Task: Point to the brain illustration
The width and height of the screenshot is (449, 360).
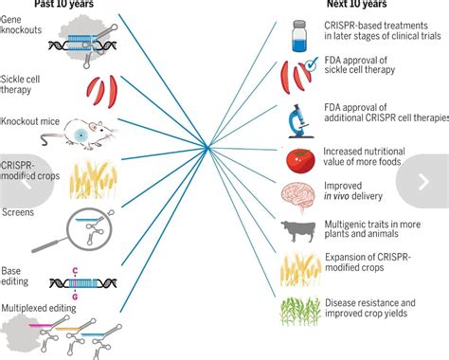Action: click(x=296, y=193)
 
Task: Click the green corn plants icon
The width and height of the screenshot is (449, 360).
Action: click(x=296, y=311)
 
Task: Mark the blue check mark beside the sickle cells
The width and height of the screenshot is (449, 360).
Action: click(x=309, y=65)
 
